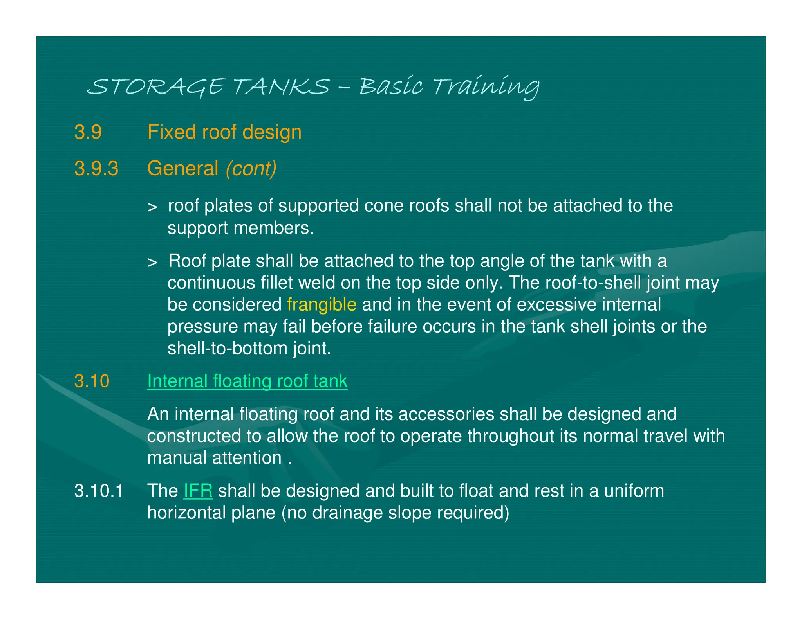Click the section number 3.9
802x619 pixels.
click(88, 132)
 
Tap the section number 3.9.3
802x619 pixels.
click(96, 169)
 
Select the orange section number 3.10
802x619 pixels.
click(92, 381)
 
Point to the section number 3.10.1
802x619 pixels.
click(99, 491)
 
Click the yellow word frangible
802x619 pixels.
click(322, 305)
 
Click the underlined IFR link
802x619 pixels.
click(198, 491)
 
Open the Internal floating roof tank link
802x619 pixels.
click(247, 381)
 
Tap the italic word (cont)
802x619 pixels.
click(251, 169)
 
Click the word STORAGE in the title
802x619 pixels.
click(157, 86)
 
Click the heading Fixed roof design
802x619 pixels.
click(224, 132)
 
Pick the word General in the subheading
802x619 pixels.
click(182, 169)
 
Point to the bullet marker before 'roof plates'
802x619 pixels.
click(152, 207)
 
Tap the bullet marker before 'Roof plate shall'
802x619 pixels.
click(152, 262)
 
